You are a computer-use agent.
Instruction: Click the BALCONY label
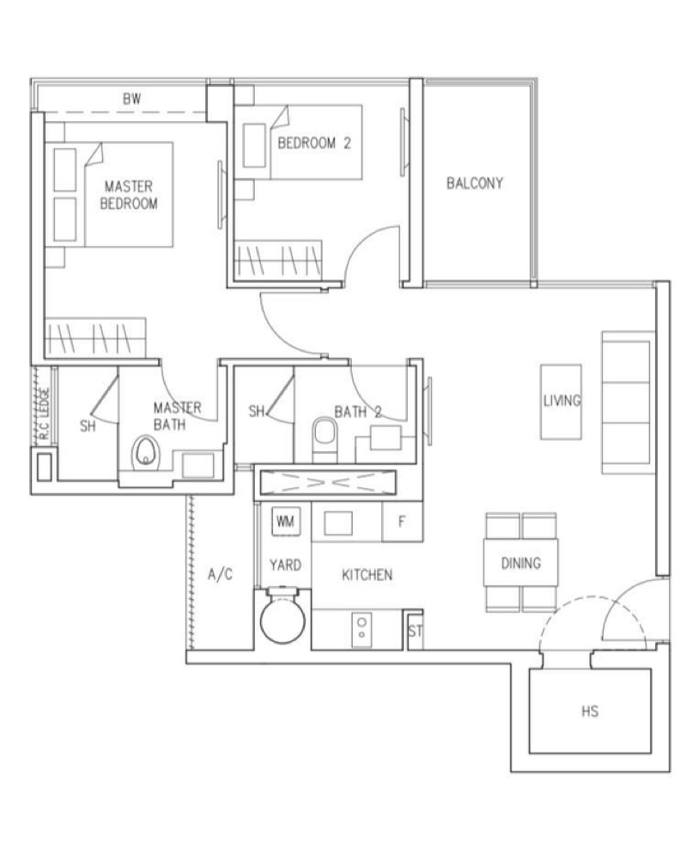pos(475,184)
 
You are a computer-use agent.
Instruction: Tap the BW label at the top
pos(131,99)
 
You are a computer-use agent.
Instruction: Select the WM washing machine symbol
pos(285,521)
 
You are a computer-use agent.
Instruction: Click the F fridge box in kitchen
pos(402,522)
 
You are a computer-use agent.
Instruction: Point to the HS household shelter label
pos(590,711)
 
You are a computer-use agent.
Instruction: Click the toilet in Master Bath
pos(145,451)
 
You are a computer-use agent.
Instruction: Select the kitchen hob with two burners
pos(362,629)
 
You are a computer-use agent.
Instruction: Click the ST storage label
pos(415,631)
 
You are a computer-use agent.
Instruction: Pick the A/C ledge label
pos(220,574)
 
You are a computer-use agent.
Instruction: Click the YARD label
pos(285,566)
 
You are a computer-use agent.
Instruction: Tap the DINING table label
pos(520,563)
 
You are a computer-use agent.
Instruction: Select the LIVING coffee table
pos(561,401)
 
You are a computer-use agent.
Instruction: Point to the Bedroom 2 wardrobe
pos(279,260)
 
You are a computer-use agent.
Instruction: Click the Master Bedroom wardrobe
pos(95,338)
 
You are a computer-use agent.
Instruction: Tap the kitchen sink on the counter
pos(338,523)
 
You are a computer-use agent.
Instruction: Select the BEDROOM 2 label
pos(314,143)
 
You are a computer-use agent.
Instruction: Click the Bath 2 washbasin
pos(386,437)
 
